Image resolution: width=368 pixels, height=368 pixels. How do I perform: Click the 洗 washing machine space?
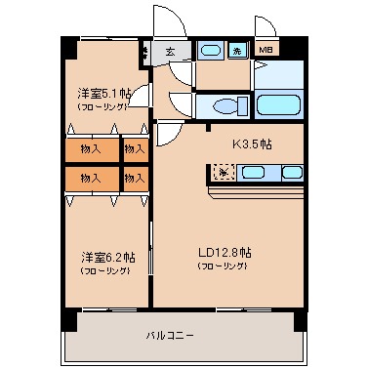pyautogui.click(x=237, y=51)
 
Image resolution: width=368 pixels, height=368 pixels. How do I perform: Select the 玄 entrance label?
pyautogui.click(x=171, y=52)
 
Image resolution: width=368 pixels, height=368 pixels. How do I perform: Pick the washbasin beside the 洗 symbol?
pyautogui.click(x=210, y=51)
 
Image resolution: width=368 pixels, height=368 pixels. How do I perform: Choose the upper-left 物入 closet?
pyautogui.click(x=90, y=149)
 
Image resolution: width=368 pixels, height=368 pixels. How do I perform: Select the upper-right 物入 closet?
pyautogui.click(x=134, y=149)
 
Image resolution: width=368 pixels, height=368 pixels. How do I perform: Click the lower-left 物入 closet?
pyautogui.click(x=90, y=178)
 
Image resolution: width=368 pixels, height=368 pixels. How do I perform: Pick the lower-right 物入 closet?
pyautogui.click(x=134, y=178)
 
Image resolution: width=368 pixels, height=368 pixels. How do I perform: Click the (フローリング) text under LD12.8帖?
pyautogui.click(x=225, y=266)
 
